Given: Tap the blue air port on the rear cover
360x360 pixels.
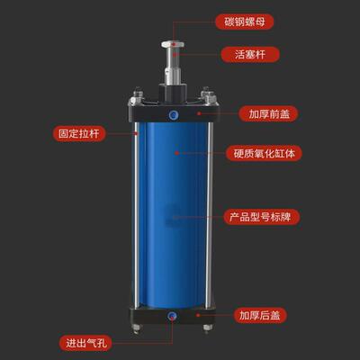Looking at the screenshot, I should (173, 316).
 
